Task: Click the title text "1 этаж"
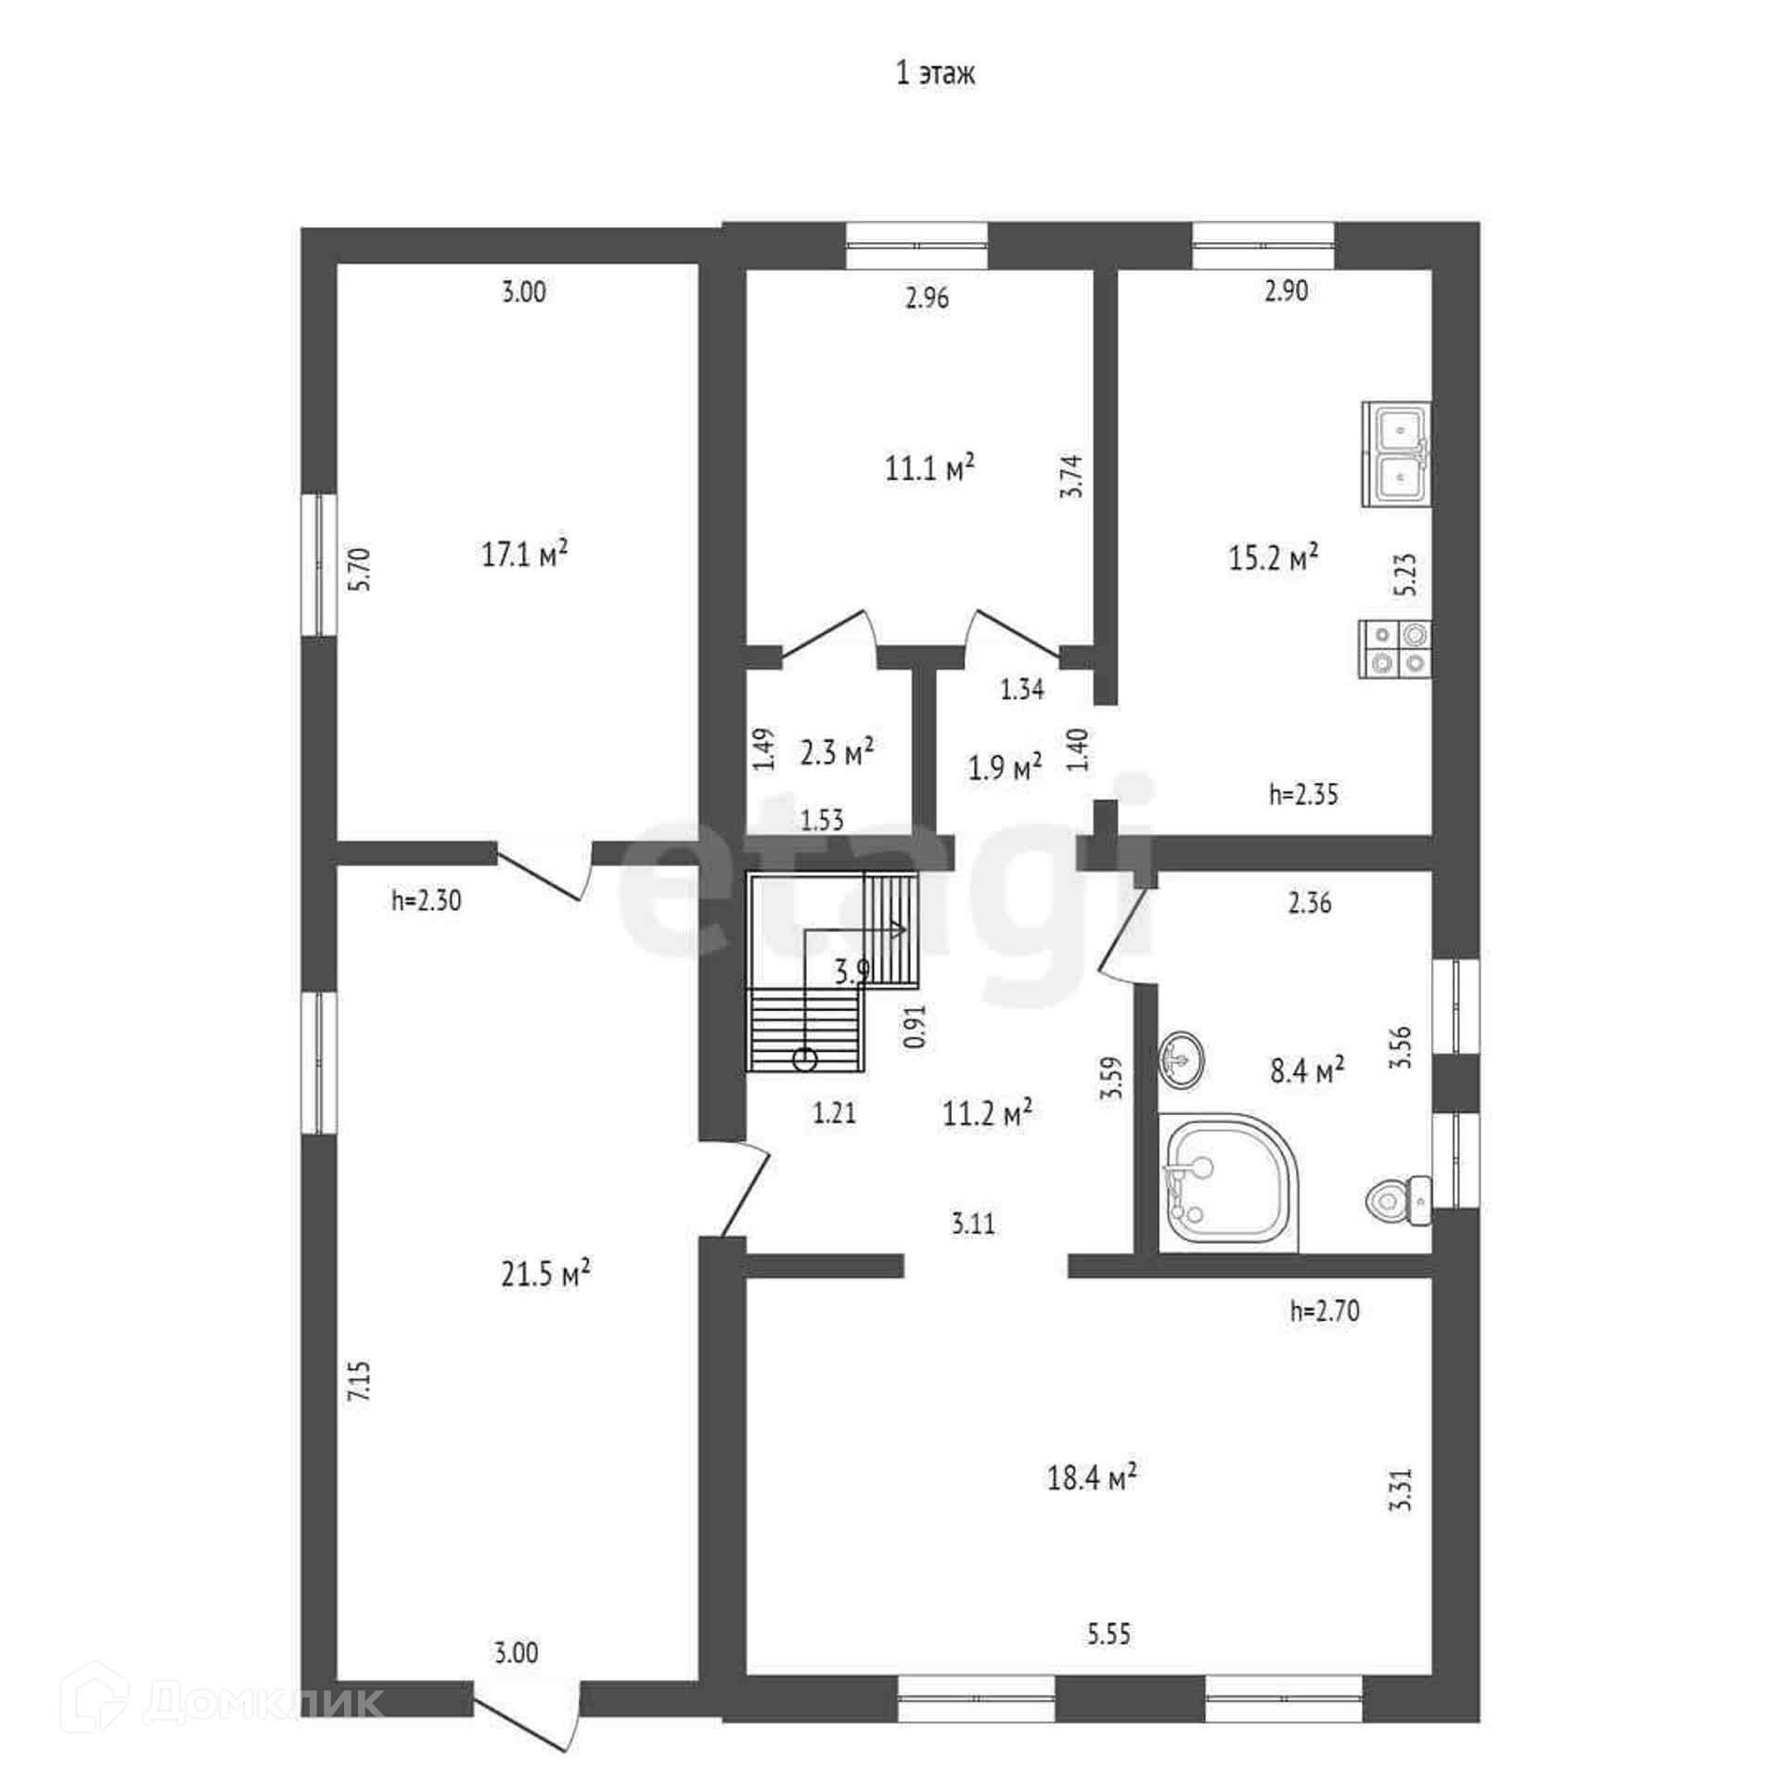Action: [x=935, y=74]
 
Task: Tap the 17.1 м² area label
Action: [x=524, y=554]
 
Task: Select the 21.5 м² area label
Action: [x=546, y=1274]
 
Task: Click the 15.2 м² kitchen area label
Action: [x=1274, y=557]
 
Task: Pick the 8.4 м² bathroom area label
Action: [x=1307, y=1072]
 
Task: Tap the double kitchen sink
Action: [x=1396, y=454]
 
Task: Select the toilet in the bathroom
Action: [x=1400, y=1201]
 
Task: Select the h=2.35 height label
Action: [x=1303, y=794]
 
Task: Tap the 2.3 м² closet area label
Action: [x=837, y=752]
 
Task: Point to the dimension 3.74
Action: [x=1072, y=476]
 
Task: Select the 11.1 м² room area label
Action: [x=929, y=468]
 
